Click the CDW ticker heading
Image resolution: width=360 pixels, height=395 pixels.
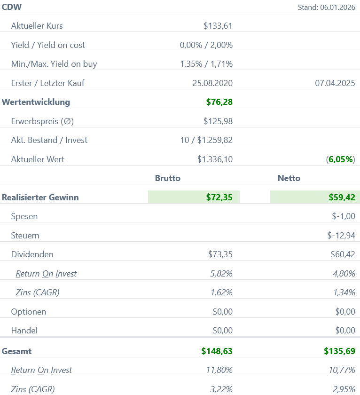click(x=12, y=7)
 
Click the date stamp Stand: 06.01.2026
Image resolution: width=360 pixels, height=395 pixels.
click(x=326, y=7)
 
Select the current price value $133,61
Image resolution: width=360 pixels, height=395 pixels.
click(x=218, y=26)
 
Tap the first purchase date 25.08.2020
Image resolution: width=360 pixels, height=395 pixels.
click(x=212, y=83)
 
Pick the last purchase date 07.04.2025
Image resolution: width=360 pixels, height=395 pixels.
click(x=335, y=83)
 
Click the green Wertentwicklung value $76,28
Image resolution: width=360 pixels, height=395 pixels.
click(x=219, y=102)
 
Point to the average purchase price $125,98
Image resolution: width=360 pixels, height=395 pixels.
click(x=218, y=121)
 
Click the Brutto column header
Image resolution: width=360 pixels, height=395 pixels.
click(x=168, y=178)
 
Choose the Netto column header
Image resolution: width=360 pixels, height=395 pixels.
click(x=289, y=178)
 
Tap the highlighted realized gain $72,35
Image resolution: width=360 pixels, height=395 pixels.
click(x=219, y=197)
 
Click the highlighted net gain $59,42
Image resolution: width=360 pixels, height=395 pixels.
click(x=342, y=197)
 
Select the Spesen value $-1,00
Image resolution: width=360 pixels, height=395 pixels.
click(x=344, y=217)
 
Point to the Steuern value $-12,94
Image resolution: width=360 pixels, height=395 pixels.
click(x=341, y=236)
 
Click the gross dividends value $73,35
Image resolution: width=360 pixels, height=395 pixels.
click(x=220, y=254)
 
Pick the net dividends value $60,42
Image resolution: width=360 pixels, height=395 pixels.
click(x=343, y=254)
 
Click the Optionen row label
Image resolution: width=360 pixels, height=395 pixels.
click(x=29, y=312)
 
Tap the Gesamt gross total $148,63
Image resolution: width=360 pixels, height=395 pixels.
click(x=217, y=351)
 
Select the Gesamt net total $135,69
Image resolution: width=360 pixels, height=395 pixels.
click(x=339, y=351)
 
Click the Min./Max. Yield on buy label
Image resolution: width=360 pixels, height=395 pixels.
click(x=54, y=64)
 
